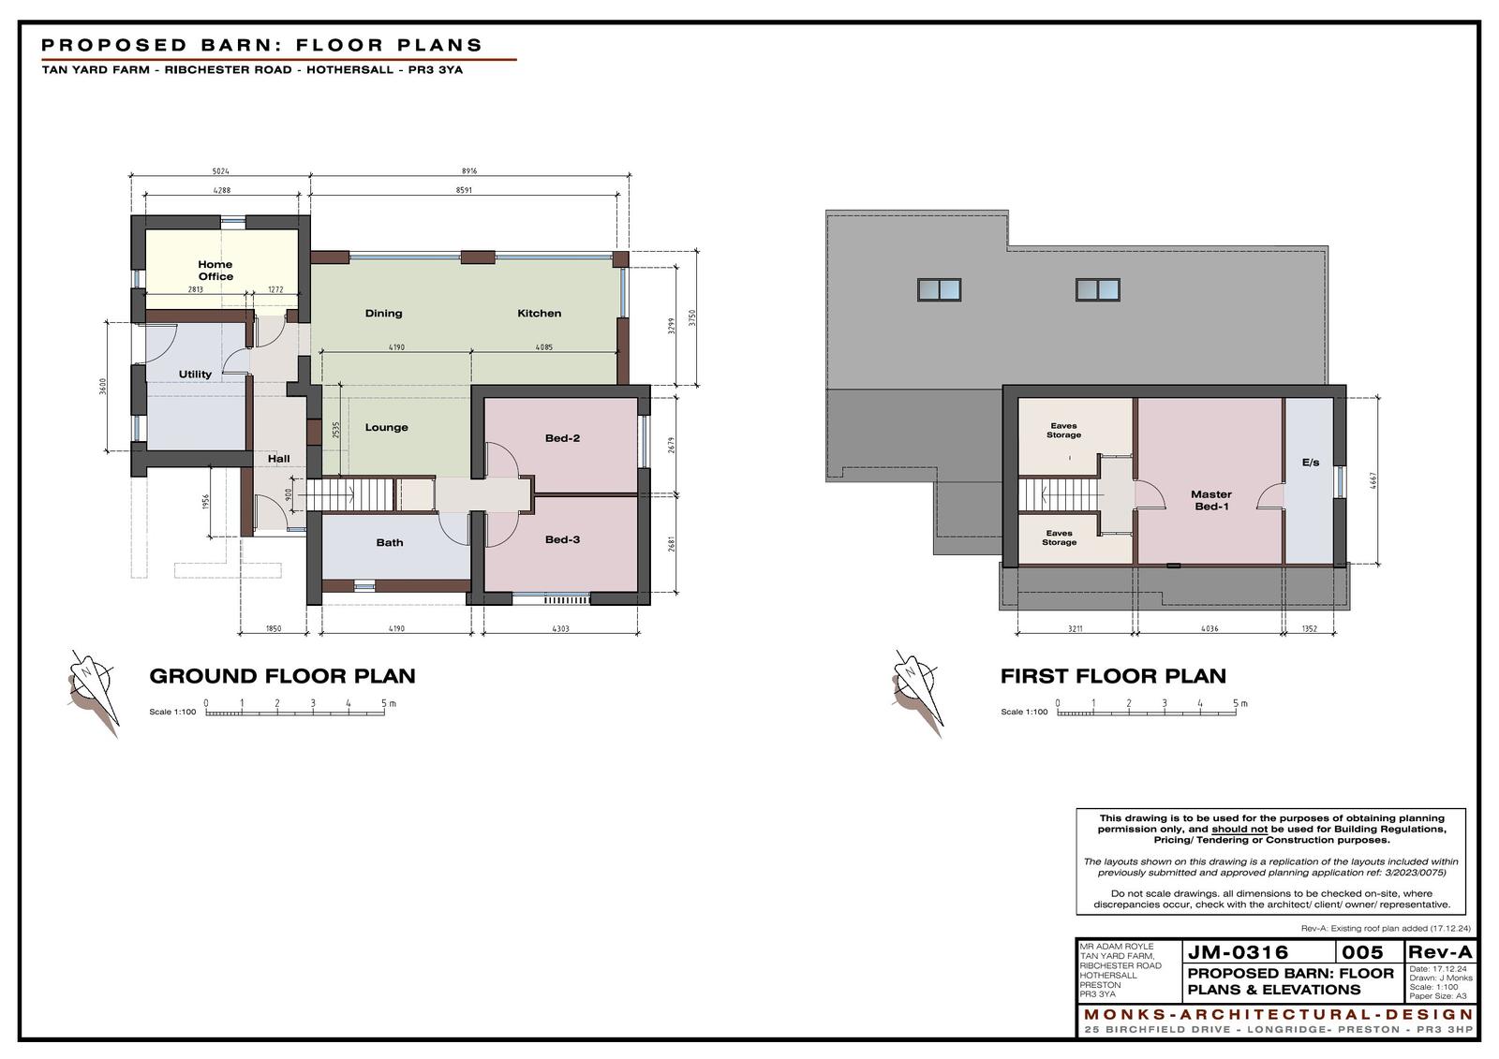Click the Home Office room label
coord(215,271)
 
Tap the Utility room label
coord(195,375)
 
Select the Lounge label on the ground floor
coord(386,428)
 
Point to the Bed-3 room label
coord(562,540)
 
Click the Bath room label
coord(390,542)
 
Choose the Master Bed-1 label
coord(1211,500)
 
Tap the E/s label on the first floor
coord(1311,463)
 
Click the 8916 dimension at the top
coord(469,171)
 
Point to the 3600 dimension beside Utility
coord(102,387)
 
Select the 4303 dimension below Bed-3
coord(560,629)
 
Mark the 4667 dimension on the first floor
coord(1373,480)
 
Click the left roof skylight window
coord(939,289)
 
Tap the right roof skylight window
coord(1097,289)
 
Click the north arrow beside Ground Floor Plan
coord(94,692)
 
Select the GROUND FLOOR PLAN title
coord(282,676)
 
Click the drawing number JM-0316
coord(1238,952)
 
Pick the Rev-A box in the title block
coord(1439,951)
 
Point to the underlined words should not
coord(1239,829)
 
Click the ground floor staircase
coord(346,495)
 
